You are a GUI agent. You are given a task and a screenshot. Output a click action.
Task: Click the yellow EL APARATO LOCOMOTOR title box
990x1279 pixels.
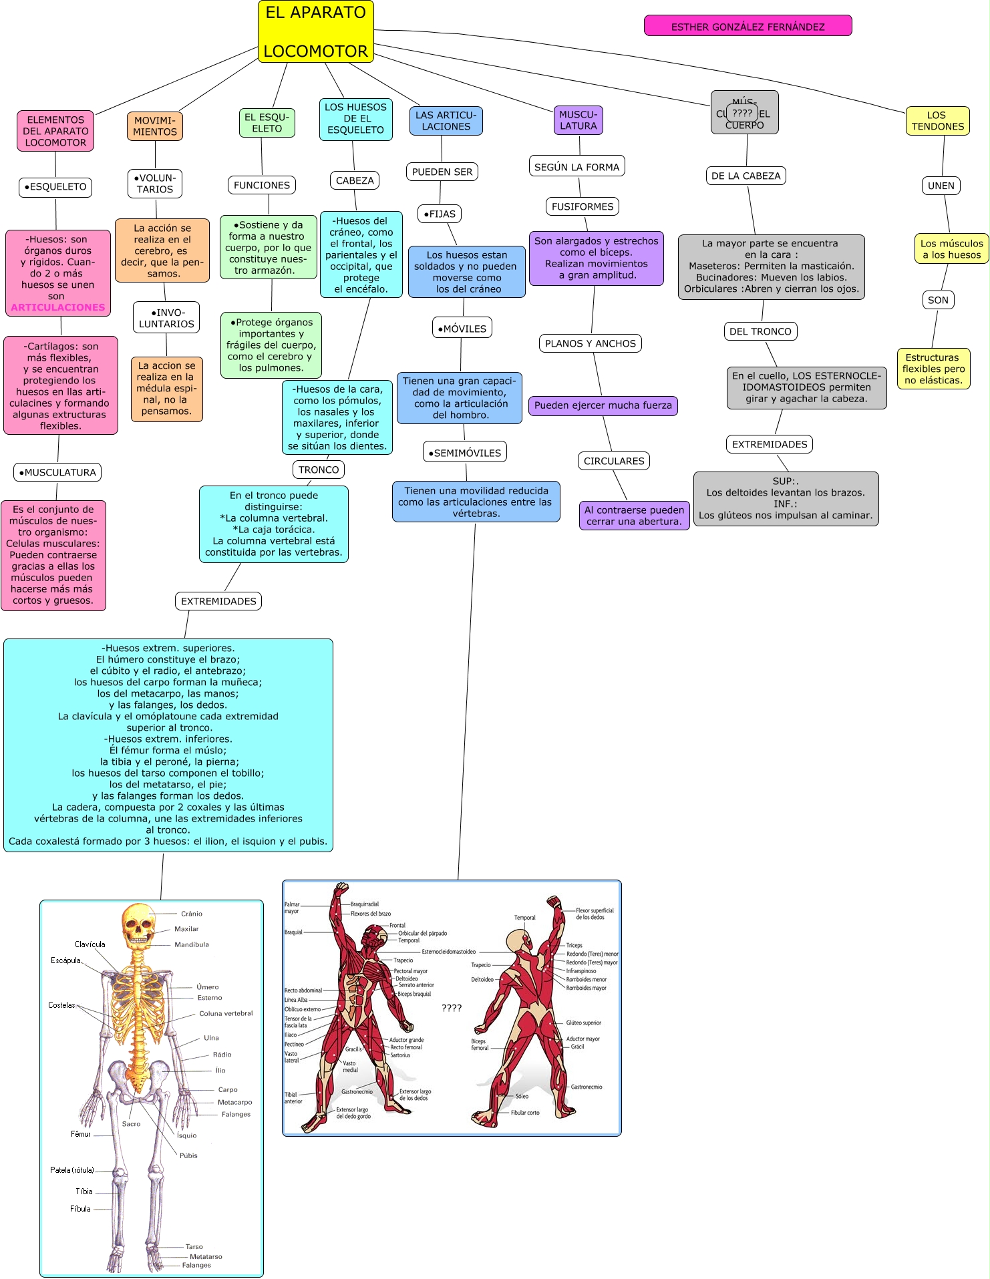(x=315, y=31)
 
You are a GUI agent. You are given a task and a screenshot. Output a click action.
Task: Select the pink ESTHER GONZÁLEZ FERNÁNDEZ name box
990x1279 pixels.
(x=748, y=26)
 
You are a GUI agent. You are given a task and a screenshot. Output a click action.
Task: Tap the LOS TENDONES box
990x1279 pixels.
(x=937, y=121)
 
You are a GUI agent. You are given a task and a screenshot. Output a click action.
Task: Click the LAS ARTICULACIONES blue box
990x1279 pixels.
(x=446, y=121)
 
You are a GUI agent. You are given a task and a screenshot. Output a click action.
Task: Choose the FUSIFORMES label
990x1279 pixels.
(x=582, y=206)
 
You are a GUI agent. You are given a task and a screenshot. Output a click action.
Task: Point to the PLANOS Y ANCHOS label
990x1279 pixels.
(x=590, y=343)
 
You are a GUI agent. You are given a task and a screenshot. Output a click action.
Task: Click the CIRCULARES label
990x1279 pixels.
(x=614, y=461)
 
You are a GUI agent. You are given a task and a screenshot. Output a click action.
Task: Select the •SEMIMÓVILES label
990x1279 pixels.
(x=465, y=452)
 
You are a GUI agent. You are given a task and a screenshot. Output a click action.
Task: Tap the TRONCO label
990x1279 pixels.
(x=319, y=470)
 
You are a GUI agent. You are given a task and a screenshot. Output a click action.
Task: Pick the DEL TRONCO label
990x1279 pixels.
(x=760, y=331)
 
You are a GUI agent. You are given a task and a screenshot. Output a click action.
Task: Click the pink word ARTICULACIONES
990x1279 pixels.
(x=58, y=307)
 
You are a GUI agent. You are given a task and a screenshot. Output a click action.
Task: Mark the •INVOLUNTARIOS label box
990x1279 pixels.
(x=166, y=318)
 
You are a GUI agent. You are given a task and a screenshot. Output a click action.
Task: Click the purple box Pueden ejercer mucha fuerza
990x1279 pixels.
(x=603, y=405)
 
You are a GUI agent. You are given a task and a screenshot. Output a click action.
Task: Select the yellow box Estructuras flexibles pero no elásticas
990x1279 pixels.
(x=933, y=369)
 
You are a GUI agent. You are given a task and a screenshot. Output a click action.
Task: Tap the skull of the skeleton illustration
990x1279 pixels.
(x=138, y=924)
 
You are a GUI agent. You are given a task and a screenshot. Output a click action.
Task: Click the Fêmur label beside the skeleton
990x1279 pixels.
(x=80, y=1134)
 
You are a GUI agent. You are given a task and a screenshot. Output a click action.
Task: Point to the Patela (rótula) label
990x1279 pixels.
(x=72, y=1170)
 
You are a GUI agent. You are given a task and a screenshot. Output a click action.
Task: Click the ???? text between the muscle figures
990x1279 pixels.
(x=452, y=1008)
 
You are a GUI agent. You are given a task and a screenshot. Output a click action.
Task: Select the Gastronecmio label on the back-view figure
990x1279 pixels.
(x=586, y=1087)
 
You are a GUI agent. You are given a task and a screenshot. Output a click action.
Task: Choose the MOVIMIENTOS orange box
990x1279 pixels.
(x=155, y=126)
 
